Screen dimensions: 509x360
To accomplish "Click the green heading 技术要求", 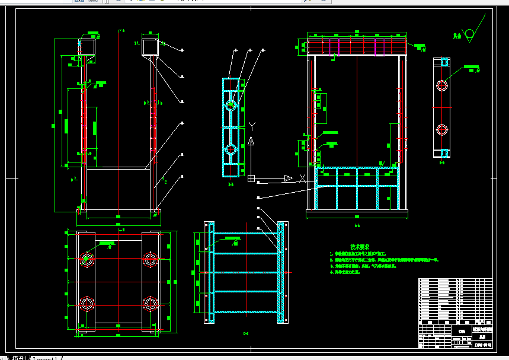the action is pyautogui.click(x=360, y=246).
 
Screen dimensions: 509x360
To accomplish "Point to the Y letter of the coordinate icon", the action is pyautogui.click(x=252, y=126).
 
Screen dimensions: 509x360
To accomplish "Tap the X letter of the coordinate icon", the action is pyautogui.click(x=302, y=178).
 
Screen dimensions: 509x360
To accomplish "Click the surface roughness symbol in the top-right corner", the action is pyautogui.click(x=470, y=35).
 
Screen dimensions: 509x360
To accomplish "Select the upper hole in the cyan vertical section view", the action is pyautogui.click(x=231, y=105).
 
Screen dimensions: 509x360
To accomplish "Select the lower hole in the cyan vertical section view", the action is pyautogui.click(x=231, y=149).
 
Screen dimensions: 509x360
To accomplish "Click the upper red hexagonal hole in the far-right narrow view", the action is pyautogui.click(x=441, y=84).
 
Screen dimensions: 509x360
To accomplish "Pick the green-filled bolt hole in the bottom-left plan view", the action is pyautogui.click(x=87, y=259).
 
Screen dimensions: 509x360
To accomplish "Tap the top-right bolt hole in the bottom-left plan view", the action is pyautogui.click(x=149, y=259).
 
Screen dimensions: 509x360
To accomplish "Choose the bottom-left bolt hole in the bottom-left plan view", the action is pyautogui.click(x=87, y=304).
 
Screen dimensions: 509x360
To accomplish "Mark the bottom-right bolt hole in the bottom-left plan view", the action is pyautogui.click(x=149, y=304).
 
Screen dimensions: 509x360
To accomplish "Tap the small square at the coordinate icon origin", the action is pyautogui.click(x=252, y=178).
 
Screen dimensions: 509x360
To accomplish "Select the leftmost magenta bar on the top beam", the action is pyautogui.click(x=330, y=46).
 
